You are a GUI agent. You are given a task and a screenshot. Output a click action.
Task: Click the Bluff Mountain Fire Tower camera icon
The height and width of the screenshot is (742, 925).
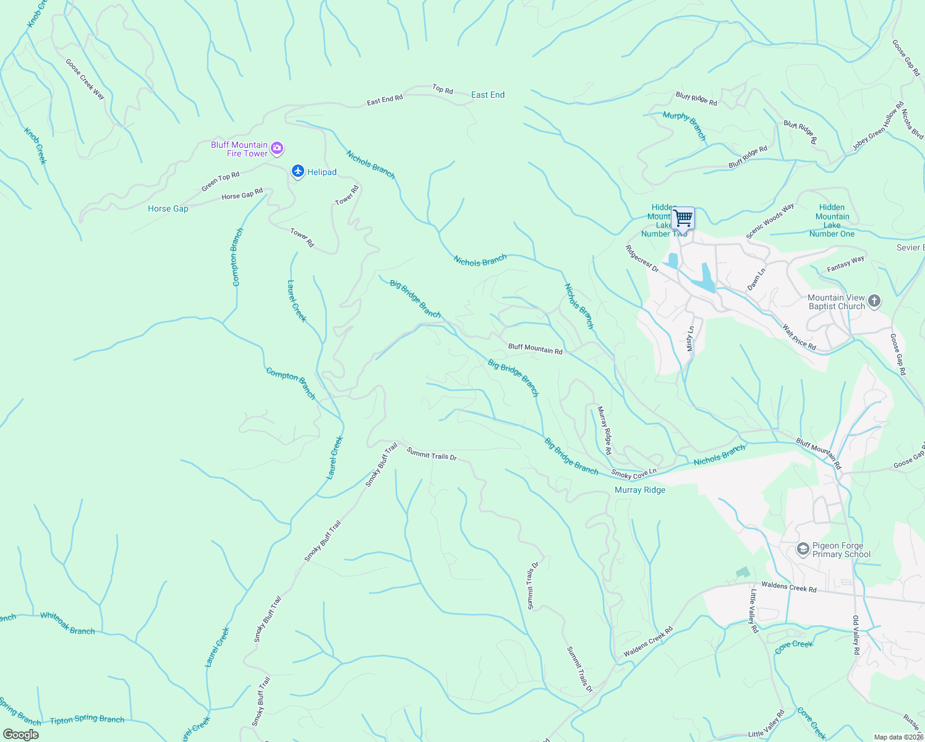(277, 148)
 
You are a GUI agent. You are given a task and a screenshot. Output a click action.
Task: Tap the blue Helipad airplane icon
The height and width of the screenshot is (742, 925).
(298, 171)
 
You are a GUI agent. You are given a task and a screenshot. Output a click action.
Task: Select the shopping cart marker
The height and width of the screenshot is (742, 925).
(683, 218)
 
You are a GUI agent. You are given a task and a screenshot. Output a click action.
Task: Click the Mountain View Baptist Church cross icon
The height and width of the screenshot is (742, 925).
(874, 301)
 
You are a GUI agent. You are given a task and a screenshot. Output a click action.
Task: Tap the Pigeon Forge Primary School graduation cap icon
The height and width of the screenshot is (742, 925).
(803, 549)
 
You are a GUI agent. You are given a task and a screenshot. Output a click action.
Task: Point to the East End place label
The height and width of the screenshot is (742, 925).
(488, 95)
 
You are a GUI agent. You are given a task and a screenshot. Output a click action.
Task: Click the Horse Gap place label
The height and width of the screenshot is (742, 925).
(168, 208)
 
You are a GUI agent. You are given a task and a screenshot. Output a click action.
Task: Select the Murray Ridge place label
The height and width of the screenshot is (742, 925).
(640, 490)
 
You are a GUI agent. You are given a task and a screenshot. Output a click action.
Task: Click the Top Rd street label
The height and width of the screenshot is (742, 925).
(443, 90)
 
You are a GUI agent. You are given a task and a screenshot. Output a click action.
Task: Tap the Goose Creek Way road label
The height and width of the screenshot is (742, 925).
(85, 79)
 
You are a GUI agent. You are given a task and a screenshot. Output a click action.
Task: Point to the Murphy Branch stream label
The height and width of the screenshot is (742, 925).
(684, 126)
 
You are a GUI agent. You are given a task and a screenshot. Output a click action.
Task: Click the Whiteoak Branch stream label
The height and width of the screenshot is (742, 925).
(67, 623)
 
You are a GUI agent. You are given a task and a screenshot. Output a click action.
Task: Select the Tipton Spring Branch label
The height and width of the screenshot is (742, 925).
(87, 720)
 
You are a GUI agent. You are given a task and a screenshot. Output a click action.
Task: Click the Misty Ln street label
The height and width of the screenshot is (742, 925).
(691, 339)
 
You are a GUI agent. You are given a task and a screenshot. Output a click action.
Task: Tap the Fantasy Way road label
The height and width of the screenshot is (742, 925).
(845, 264)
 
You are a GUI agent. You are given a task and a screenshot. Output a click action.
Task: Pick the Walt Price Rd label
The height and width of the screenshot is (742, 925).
(799, 338)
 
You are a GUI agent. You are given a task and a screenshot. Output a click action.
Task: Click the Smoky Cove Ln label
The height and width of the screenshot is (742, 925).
(634, 474)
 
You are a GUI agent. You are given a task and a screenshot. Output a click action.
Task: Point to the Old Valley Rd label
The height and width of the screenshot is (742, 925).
(856, 635)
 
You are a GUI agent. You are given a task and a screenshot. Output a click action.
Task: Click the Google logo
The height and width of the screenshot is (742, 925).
(20, 735)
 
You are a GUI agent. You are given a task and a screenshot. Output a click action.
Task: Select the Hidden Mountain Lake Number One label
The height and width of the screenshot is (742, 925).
(832, 221)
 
